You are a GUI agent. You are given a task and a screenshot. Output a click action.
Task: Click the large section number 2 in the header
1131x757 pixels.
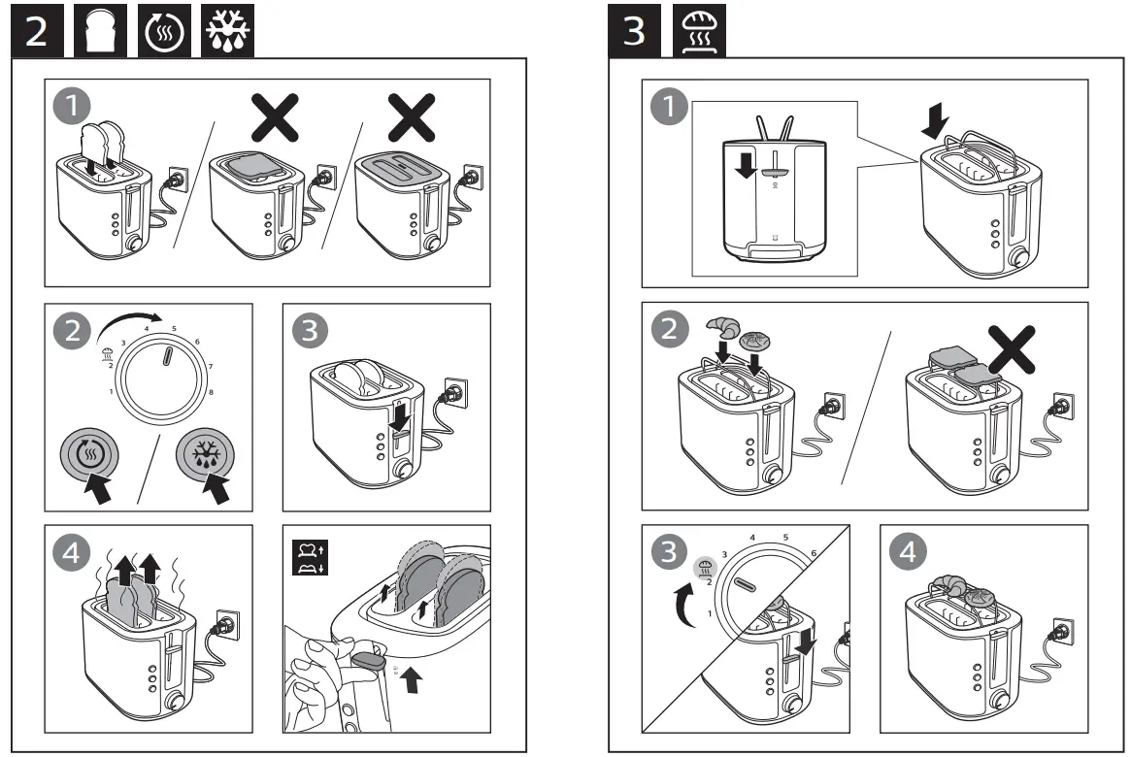pyautogui.click(x=35, y=31)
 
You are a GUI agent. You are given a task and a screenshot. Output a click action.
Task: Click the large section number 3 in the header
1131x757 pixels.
pyautogui.click(x=633, y=31)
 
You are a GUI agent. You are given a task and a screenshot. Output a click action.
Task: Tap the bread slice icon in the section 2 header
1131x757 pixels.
pyautogui.click(x=99, y=31)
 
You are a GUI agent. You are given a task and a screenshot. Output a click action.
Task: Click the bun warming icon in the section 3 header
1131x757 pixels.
pyautogui.click(x=695, y=31)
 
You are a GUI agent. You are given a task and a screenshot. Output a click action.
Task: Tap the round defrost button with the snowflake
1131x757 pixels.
pyautogui.click(x=205, y=453)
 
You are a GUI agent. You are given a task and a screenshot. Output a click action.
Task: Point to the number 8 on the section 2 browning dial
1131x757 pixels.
pyautogui.click(x=211, y=391)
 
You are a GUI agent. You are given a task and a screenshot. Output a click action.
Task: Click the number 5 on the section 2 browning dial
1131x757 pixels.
pyautogui.click(x=174, y=328)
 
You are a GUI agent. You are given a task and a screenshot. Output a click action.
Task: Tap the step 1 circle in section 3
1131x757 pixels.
pyautogui.click(x=667, y=109)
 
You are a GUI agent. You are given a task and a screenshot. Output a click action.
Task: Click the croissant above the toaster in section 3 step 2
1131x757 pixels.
pyautogui.click(x=722, y=326)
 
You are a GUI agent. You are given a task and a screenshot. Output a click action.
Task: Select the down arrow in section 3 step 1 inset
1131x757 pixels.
pyautogui.click(x=745, y=166)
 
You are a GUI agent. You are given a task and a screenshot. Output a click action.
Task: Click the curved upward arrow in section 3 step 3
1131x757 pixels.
pyautogui.click(x=687, y=607)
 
